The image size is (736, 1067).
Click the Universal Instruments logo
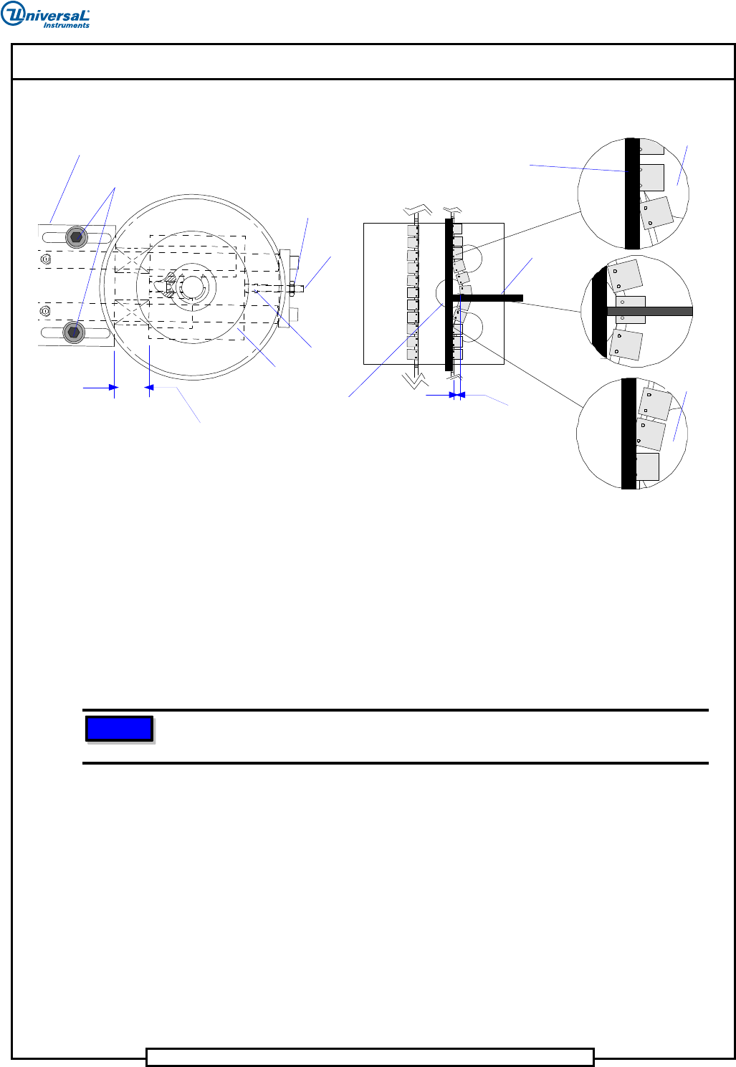click(x=44, y=14)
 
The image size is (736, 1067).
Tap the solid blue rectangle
click(x=119, y=728)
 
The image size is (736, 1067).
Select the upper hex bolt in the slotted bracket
click(x=76, y=236)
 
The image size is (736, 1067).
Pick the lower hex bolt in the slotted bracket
click(x=74, y=332)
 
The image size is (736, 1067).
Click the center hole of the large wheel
click(x=192, y=287)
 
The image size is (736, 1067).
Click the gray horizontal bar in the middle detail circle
click(x=650, y=312)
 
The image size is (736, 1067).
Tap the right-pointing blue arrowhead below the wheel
click(x=113, y=388)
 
